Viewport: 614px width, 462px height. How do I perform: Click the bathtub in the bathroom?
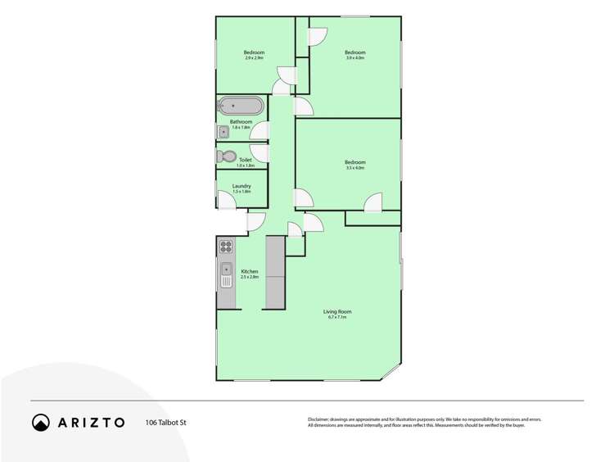tap(241, 106)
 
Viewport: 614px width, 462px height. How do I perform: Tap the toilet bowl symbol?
tap(226, 156)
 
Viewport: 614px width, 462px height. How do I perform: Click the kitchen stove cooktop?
tap(226, 246)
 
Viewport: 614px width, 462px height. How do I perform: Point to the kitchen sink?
tap(226, 274)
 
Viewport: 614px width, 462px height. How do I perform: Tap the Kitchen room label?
tap(250, 271)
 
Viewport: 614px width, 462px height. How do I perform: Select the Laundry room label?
tap(242, 186)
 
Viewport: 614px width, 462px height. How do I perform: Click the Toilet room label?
tap(246, 160)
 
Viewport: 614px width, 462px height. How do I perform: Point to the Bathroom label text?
tap(241, 122)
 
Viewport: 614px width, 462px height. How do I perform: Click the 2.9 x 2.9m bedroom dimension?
tap(254, 58)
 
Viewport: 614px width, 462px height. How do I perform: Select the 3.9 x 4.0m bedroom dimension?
tap(354, 58)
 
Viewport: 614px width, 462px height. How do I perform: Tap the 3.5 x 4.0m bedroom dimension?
tap(354, 168)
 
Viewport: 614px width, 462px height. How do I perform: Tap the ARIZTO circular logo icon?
tap(41, 423)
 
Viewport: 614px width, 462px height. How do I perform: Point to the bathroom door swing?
tap(261, 132)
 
